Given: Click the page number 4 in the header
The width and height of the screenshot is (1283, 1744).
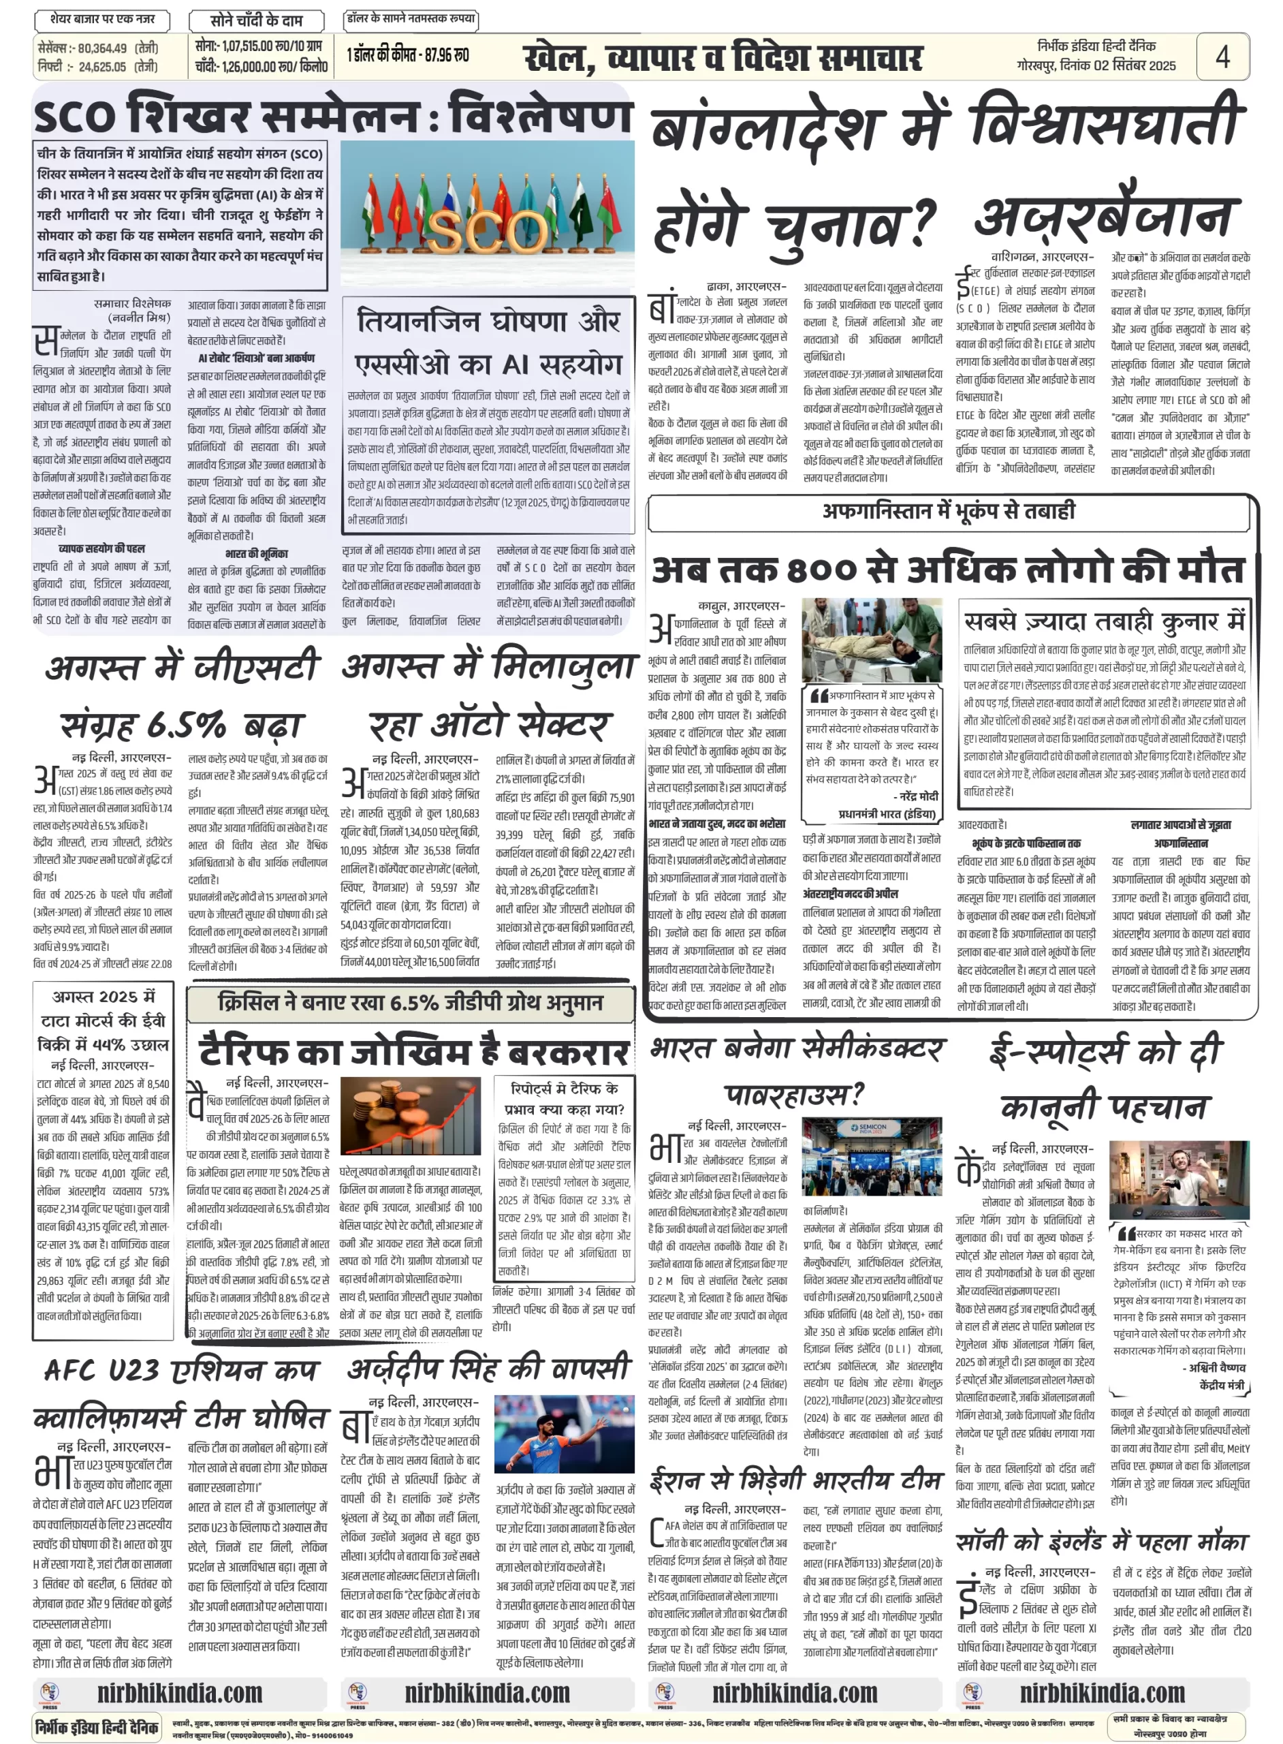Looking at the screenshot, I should point(1222,57).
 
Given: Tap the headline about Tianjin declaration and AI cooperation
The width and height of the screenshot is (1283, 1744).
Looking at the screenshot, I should point(488,343).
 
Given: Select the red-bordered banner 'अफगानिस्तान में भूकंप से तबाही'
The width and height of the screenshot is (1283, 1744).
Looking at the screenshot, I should point(949,511).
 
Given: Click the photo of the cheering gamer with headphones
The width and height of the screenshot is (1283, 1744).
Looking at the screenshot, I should point(1179,1179).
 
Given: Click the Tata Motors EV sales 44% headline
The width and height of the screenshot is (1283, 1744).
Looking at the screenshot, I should point(103,1020).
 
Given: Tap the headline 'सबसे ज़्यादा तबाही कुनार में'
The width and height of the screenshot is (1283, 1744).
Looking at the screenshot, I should point(1104,621).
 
